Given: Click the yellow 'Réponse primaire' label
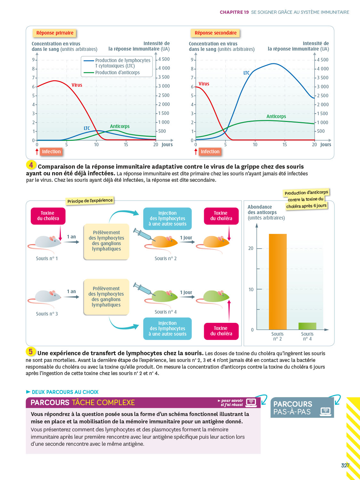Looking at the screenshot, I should pyautogui.click(x=55, y=33).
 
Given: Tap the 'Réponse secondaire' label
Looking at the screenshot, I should pyautogui.click(x=215, y=33).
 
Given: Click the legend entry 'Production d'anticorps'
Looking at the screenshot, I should pyautogui.click(x=117, y=73).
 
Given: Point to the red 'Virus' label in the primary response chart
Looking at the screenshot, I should pyautogui.click(x=77, y=85).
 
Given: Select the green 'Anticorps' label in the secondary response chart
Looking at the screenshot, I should pyautogui.click(x=276, y=116).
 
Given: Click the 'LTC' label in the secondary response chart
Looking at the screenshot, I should pyautogui.click(x=246, y=73).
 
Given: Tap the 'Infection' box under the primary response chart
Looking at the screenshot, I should pyautogui.click(x=51, y=152).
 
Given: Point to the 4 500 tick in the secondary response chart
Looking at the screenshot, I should pyautogui.click(x=323, y=60).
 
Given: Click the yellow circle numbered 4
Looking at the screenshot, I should pyautogui.click(x=31, y=165).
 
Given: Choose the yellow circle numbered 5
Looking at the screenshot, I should pyautogui.click(x=31, y=352).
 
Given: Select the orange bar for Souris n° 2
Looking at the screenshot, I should pyautogui.click(x=277, y=282).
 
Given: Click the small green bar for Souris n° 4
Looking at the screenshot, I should pyautogui.click(x=307, y=326).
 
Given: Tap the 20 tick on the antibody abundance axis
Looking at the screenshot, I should pyautogui.click(x=251, y=248).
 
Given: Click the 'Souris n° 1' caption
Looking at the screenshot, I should pyautogui.click(x=47, y=259).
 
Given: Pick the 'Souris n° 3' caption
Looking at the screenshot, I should pyautogui.click(x=47, y=314).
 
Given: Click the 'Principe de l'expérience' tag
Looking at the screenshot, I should pyautogui.click(x=90, y=201).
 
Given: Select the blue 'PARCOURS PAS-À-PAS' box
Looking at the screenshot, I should pyautogui.click(x=302, y=408).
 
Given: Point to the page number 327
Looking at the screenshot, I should pyautogui.click(x=345, y=466).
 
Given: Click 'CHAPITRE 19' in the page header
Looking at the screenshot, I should pyautogui.click(x=234, y=12).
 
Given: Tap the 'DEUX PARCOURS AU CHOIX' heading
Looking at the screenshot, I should pyautogui.click(x=65, y=392).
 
